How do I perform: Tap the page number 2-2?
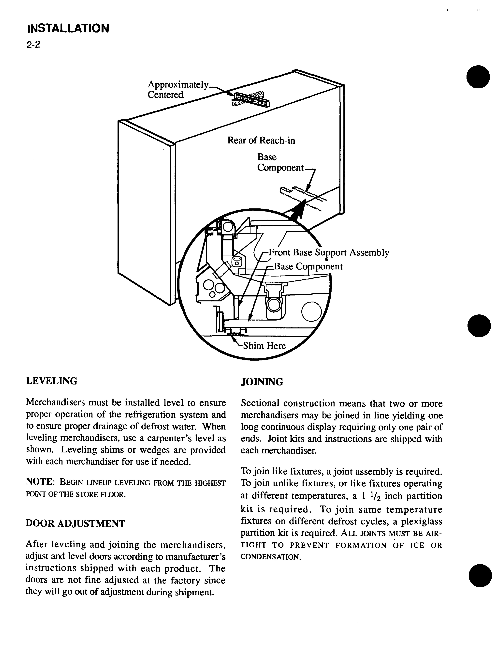point(33,45)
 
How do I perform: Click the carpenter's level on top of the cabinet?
point(252,100)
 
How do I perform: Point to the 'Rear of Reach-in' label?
point(261,140)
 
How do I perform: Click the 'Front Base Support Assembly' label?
point(329,253)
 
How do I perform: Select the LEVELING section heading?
point(52,381)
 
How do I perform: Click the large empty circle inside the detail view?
point(311,312)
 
